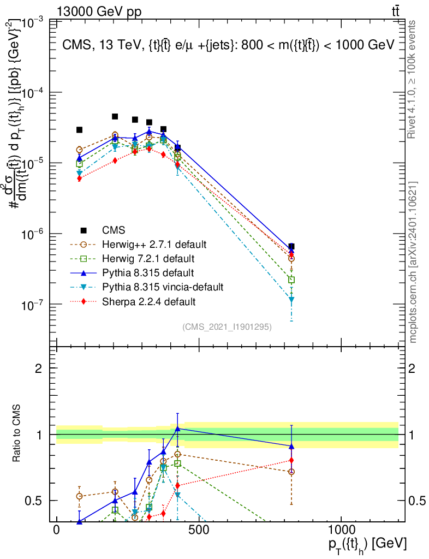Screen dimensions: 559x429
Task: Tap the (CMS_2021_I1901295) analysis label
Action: click(227, 326)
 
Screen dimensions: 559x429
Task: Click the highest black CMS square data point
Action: click(115, 116)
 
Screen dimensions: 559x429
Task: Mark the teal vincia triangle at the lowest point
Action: click(291, 300)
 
